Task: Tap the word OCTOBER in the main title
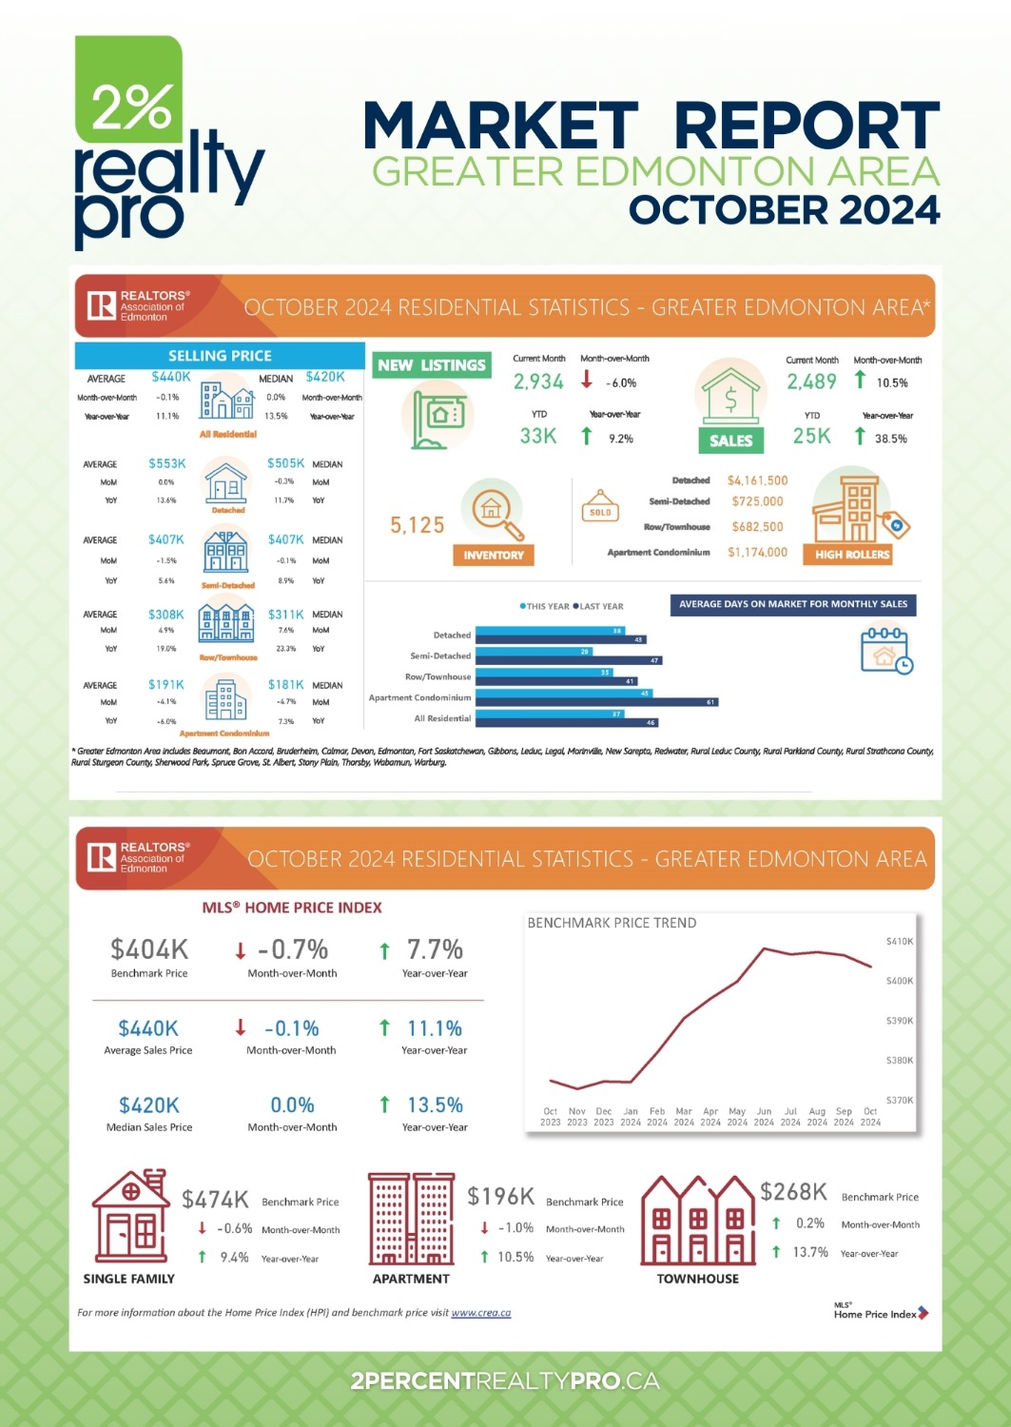tap(719, 210)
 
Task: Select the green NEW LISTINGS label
tap(432, 365)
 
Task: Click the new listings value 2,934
tap(538, 382)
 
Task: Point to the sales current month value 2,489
tap(811, 382)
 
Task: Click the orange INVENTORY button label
tap(494, 555)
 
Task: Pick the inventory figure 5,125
tap(418, 525)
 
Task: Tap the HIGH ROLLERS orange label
tap(852, 554)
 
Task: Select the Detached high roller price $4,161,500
tap(757, 480)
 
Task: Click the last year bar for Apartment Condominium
tap(596, 702)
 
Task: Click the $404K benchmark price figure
tap(149, 949)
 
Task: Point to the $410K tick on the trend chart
tap(899, 941)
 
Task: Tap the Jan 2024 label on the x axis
tap(631, 1117)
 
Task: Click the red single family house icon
tap(131, 1218)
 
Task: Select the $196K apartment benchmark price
tap(500, 1196)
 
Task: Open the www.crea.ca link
tap(480, 1313)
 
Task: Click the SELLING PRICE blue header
tap(220, 356)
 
